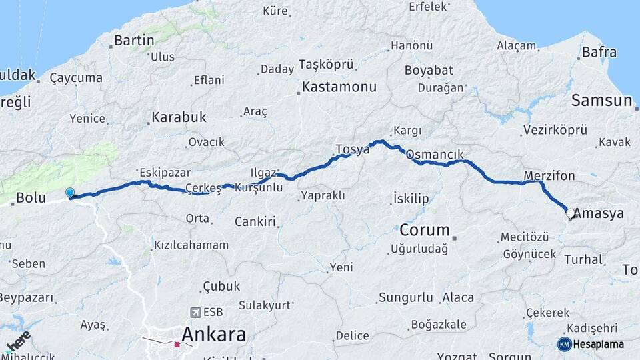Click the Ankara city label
pyautogui.click(x=213, y=334)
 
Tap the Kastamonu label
pyautogui.click(x=339, y=87)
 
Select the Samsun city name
pyautogui.click(x=601, y=101)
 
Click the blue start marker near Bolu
pyautogui.click(x=70, y=193)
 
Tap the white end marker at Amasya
pyautogui.click(x=570, y=214)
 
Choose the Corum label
pyautogui.click(x=425, y=231)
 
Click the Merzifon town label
pyautogui.click(x=549, y=176)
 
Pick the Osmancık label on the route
pyautogui.click(x=434, y=154)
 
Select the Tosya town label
pyautogui.click(x=353, y=149)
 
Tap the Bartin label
pyautogui.click(x=134, y=41)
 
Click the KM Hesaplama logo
pyautogui.click(x=591, y=344)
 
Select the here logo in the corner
pyautogui.click(x=18, y=341)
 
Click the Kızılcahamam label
pyautogui.click(x=191, y=245)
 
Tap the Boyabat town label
pyautogui.click(x=429, y=71)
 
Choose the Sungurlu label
pyautogui.click(x=405, y=297)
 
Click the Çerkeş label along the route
pyautogui.click(x=203, y=189)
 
